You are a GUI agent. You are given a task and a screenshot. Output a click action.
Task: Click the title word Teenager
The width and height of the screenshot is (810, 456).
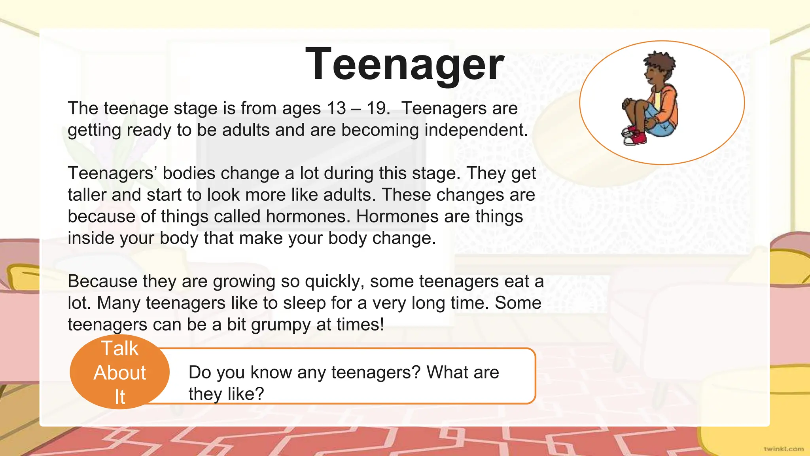[405, 65]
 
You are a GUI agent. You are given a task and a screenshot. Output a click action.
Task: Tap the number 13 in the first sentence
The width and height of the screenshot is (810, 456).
[337, 108]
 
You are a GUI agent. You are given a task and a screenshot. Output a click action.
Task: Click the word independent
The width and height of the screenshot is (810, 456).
[476, 130]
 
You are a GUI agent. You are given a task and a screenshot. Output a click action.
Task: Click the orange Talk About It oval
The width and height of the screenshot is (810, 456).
[119, 372]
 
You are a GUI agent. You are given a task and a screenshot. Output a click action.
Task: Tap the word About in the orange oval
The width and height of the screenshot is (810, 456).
[119, 373]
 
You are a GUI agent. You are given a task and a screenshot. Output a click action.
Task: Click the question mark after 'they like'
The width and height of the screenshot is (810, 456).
[259, 394]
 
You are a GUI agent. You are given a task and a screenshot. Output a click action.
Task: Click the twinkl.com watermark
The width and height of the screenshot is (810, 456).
[784, 448]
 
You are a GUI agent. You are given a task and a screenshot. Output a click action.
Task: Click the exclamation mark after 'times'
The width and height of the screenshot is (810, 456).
[381, 325]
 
